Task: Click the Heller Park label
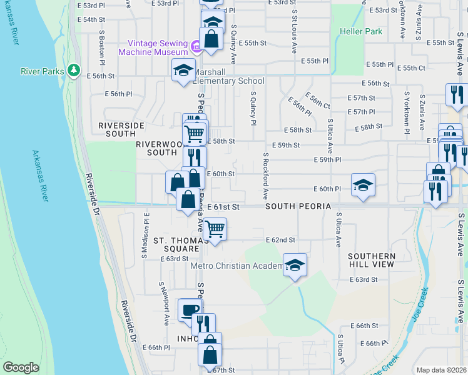coord(360,31)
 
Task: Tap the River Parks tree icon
coord(74,70)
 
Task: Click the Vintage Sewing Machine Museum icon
coord(195,46)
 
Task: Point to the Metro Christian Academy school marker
coord(294,264)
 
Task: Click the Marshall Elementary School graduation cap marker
coord(183,69)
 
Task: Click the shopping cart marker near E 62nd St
coord(215,229)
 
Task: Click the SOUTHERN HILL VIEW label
coord(372,260)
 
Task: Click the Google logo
coord(21,367)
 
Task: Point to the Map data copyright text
coord(440,370)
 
